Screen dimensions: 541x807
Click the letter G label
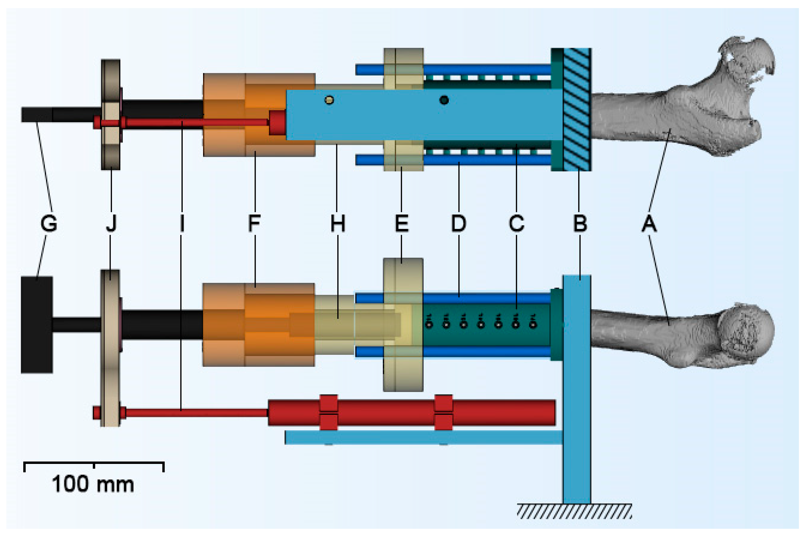click(x=49, y=224)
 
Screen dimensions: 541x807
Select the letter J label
click(x=111, y=224)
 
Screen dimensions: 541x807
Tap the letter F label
click(x=254, y=224)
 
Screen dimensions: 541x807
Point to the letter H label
click(x=337, y=224)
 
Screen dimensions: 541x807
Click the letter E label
click(x=402, y=224)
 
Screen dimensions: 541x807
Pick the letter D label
click(x=458, y=224)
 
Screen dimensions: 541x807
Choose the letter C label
click(x=517, y=224)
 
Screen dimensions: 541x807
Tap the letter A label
click(x=649, y=224)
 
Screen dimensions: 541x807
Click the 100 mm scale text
click(x=93, y=484)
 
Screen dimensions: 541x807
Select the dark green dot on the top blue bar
click(x=444, y=100)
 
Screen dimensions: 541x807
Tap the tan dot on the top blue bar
click(x=329, y=100)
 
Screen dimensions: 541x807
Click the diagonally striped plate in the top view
click(x=577, y=109)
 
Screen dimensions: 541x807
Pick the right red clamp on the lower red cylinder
click(x=443, y=413)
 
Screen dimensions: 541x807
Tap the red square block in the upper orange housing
click(x=277, y=123)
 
